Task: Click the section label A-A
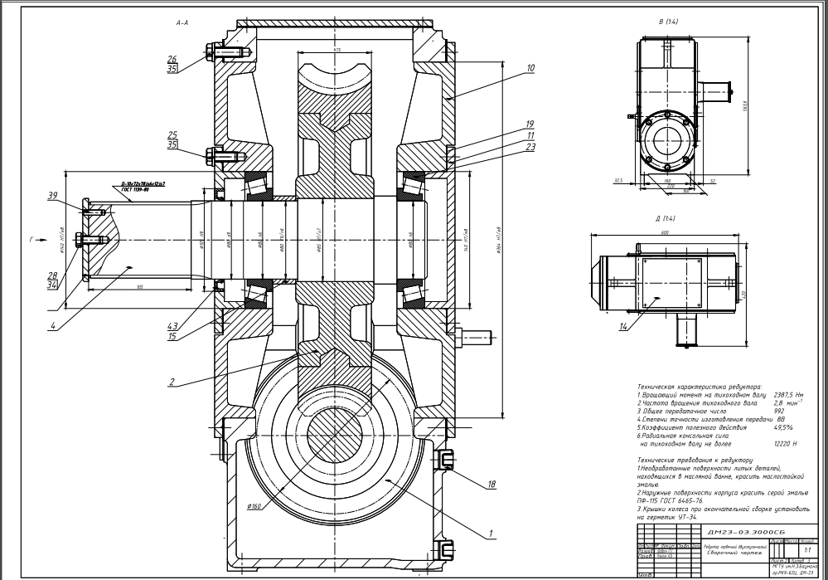183,26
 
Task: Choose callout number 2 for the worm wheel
171,383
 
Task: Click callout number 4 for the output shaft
53,326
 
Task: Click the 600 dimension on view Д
666,232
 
